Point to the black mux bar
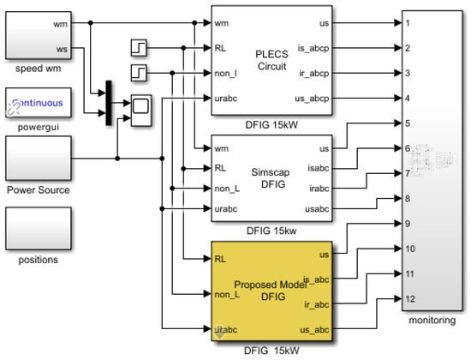pos(109,103)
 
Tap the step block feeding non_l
pos(140,71)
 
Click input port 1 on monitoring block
pos(410,23)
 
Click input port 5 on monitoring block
pos(410,123)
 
